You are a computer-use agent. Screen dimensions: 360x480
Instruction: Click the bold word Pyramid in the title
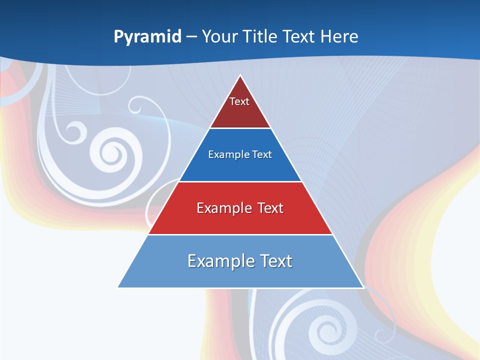(147, 37)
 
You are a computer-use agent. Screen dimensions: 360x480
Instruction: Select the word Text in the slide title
(299, 36)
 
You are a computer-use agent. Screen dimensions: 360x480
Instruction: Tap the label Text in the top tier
(239, 101)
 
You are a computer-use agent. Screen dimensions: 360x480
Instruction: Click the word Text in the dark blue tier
(262, 154)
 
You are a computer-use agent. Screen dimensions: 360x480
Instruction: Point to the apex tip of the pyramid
(240, 76)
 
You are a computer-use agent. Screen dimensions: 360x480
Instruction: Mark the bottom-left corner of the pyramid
(118, 287)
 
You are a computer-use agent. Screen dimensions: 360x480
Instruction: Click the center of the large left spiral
(110, 151)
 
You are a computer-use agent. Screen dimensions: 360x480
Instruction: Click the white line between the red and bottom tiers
(240, 234)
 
